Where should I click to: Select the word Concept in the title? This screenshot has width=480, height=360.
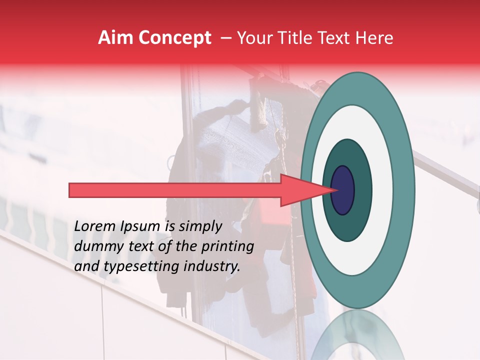click(x=174, y=38)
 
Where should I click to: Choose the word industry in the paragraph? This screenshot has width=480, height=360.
click(x=213, y=266)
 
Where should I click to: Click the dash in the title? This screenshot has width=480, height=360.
click(x=226, y=38)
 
